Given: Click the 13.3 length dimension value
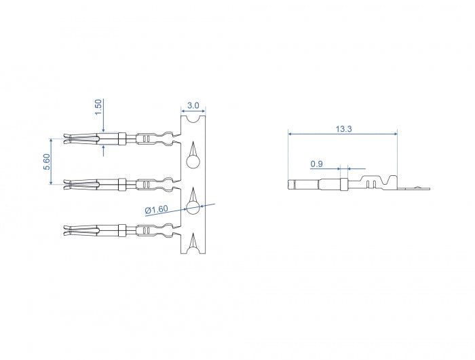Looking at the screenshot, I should tap(343, 128).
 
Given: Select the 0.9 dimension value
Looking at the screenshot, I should tap(316, 164).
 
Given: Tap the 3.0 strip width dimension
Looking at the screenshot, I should tap(193, 105).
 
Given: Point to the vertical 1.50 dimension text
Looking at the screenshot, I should tap(98, 106).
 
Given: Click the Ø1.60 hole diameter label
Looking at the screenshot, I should tap(156, 210).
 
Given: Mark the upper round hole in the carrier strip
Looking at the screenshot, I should tap(193, 162).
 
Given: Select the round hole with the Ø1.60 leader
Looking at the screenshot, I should tap(193, 207).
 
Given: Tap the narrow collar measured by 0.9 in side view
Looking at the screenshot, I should tap(343, 184).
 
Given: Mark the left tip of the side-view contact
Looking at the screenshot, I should tap(291, 184).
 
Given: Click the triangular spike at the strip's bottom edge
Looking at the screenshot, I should tap(193, 240).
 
